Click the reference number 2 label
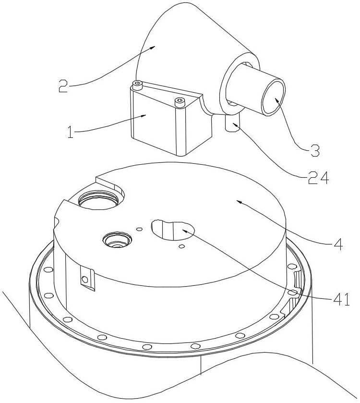tap(64, 86)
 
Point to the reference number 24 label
tap(318, 177)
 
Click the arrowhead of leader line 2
tap(153, 47)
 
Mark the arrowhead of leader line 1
tap(144, 116)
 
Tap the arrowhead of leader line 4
tap(239, 202)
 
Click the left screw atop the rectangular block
tap(138, 85)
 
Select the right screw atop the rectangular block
tap(179, 102)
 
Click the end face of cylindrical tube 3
tap(274, 97)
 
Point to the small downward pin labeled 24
tap(232, 123)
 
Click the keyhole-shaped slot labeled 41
tap(173, 229)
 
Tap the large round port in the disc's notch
tap(98, 200)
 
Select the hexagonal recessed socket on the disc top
tap(117, 240)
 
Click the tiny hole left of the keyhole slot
tap(139, 229)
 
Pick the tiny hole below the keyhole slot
tap(181, 246)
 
